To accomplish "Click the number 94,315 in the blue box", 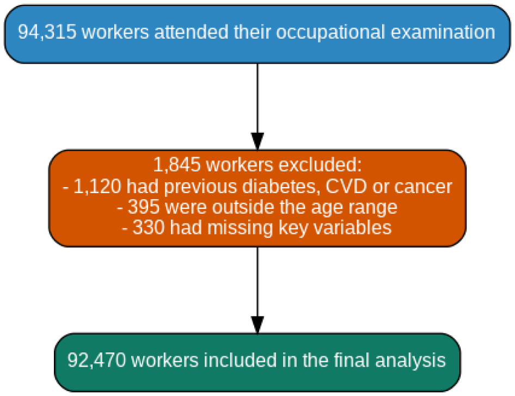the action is coord(47,32).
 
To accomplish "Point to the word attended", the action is coord(191,32).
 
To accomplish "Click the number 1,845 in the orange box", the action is coord(177,164).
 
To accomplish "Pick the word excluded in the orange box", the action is coord(320,164).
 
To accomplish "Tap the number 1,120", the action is coord(97,187).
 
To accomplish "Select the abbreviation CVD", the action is coord(346,187).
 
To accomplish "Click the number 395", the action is coord(144,207).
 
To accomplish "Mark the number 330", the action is coord(149,228).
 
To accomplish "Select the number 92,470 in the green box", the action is coord(96,360).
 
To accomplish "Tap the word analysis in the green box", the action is coord(410,361).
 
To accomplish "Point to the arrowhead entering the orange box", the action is coord(257,141).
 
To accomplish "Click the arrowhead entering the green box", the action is coord(257,325).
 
